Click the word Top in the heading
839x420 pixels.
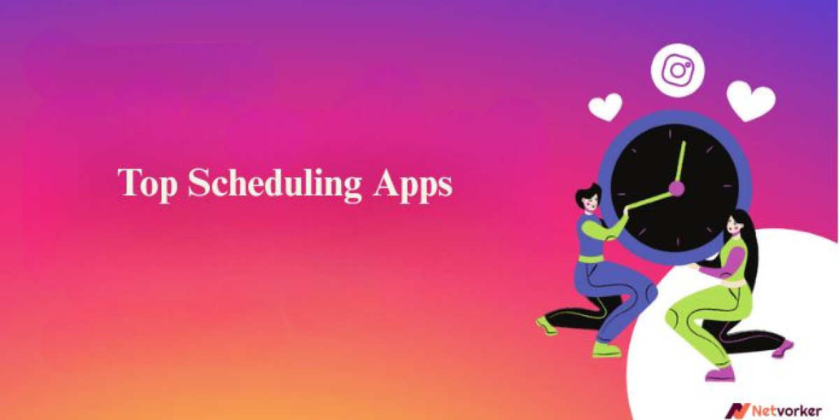click(x=147, y=184)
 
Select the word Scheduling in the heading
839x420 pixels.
click(x=275, y=184)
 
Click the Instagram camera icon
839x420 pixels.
click(x=677, y=70)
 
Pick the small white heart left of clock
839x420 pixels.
click(x=605, y=106)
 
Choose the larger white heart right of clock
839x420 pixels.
click(x=751, y=101)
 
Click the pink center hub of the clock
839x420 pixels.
click(x=677, y=188)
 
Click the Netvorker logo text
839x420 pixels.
click(x=787, y=411)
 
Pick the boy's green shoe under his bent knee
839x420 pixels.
click(x=606, y=350)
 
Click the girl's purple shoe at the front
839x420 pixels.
click(x=720, y=374)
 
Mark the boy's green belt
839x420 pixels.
click(x=591, y=258)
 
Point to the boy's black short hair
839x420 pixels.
click(x=588, y=193)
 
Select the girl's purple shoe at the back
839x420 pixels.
click(x=782, y=349)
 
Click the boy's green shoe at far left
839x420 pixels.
click(x=546, y=325)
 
